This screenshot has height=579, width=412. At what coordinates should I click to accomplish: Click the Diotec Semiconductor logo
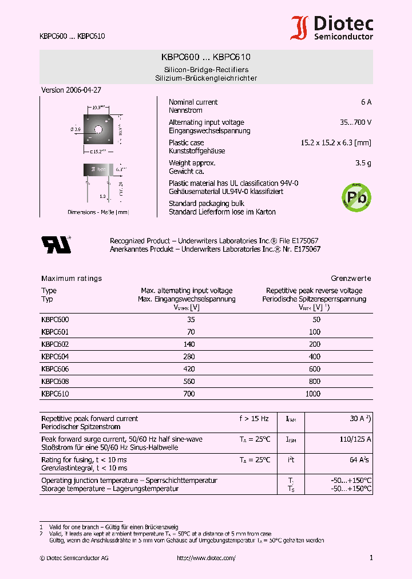[x=332, y=27]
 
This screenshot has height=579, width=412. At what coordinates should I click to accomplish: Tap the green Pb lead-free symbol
[x=355, y=196]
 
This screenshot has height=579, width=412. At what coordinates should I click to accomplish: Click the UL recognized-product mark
[x=56, y=244]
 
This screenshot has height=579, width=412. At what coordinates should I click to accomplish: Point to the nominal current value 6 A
[x=366, y=102]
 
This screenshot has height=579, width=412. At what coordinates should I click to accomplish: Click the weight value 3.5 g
[x=363, y=163]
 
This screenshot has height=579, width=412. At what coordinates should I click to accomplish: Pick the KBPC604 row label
[x=55, y=356]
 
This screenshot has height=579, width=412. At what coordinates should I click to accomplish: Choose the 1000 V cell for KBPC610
[x=313, y=394]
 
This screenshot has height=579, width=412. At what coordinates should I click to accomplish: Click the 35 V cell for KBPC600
[x=191, y=320]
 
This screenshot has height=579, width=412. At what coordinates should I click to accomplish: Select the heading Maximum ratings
[x=72, y=279]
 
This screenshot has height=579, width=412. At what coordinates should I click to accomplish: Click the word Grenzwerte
[x=351, y=279]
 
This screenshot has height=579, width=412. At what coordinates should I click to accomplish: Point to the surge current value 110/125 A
[x=356, y=439]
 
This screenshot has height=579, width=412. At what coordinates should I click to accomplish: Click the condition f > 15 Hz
[x=253, y=419]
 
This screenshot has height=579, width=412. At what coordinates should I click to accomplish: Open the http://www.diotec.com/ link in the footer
[x=206, y=558]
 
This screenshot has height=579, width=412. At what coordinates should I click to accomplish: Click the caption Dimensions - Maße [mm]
[x=98, y=212]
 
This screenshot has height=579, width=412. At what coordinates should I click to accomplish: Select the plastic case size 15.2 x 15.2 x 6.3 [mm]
[x=336, y=142]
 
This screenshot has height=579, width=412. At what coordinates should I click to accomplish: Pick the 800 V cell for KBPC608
[x=315, y=382]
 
